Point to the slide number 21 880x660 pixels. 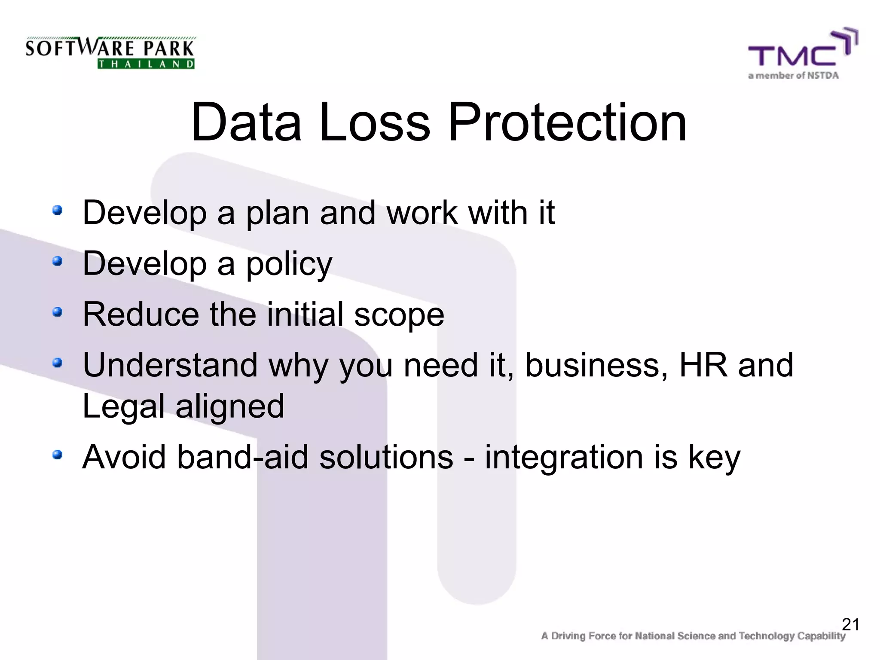[850, 624]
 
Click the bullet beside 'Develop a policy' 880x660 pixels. [58, 261]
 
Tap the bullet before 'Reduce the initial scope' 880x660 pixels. [58, 312]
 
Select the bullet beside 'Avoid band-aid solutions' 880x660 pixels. [58, 455]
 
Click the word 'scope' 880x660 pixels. [399, 315]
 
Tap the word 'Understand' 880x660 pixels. [170, 365]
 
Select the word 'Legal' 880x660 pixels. [123, 406]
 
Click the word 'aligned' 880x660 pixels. [230, 406]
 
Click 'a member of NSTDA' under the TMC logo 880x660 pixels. [793, 76]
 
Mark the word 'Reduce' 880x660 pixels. [141, 315]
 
